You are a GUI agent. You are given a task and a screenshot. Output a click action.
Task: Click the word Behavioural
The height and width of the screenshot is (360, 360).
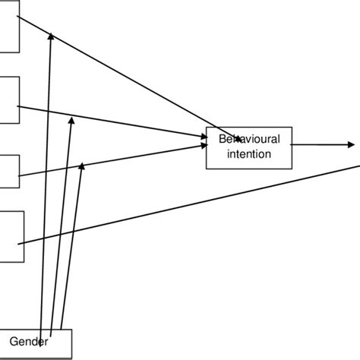pos(249,140)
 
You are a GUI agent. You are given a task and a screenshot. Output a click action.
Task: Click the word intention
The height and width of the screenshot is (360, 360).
pos(249,154)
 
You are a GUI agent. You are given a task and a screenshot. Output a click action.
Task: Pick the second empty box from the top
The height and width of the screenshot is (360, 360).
pos(8,99)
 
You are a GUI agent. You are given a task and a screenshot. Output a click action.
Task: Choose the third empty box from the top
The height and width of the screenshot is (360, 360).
pos(8,170)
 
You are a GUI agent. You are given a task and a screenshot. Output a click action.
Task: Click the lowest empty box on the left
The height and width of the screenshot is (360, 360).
pos(11,236)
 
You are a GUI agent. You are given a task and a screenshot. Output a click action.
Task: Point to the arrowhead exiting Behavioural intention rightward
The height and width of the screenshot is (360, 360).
pos(350,144)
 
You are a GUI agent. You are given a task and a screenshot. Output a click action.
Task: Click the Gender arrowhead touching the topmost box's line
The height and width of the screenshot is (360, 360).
pos(51,35)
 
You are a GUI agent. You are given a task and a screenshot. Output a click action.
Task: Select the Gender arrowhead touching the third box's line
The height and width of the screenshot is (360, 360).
pos(82,166)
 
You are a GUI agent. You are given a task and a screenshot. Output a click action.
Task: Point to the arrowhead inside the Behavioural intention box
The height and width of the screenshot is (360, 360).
pos(238,139)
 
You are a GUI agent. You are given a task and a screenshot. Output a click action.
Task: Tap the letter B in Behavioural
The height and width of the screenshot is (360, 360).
pos(222,140)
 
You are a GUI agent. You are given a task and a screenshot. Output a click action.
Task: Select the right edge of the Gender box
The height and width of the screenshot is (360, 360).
pos(71,344)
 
